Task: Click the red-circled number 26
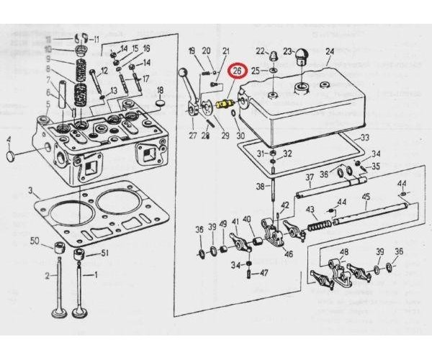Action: click(x=236, y=72)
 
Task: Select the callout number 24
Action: click(x=330, y=51)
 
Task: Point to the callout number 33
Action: click(x=365, y=138)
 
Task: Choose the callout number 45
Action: click(x=366, y=197)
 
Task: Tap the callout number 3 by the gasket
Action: click(x=30, y=191)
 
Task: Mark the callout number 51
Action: click(x=104, y=252)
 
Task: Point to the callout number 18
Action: click(x=161, y=90)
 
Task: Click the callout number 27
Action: click(x=193, y=135)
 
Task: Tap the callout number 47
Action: click(x=264, y=273)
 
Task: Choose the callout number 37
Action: click(x=309, y=177)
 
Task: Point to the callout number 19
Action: click(x=192, y=50)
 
